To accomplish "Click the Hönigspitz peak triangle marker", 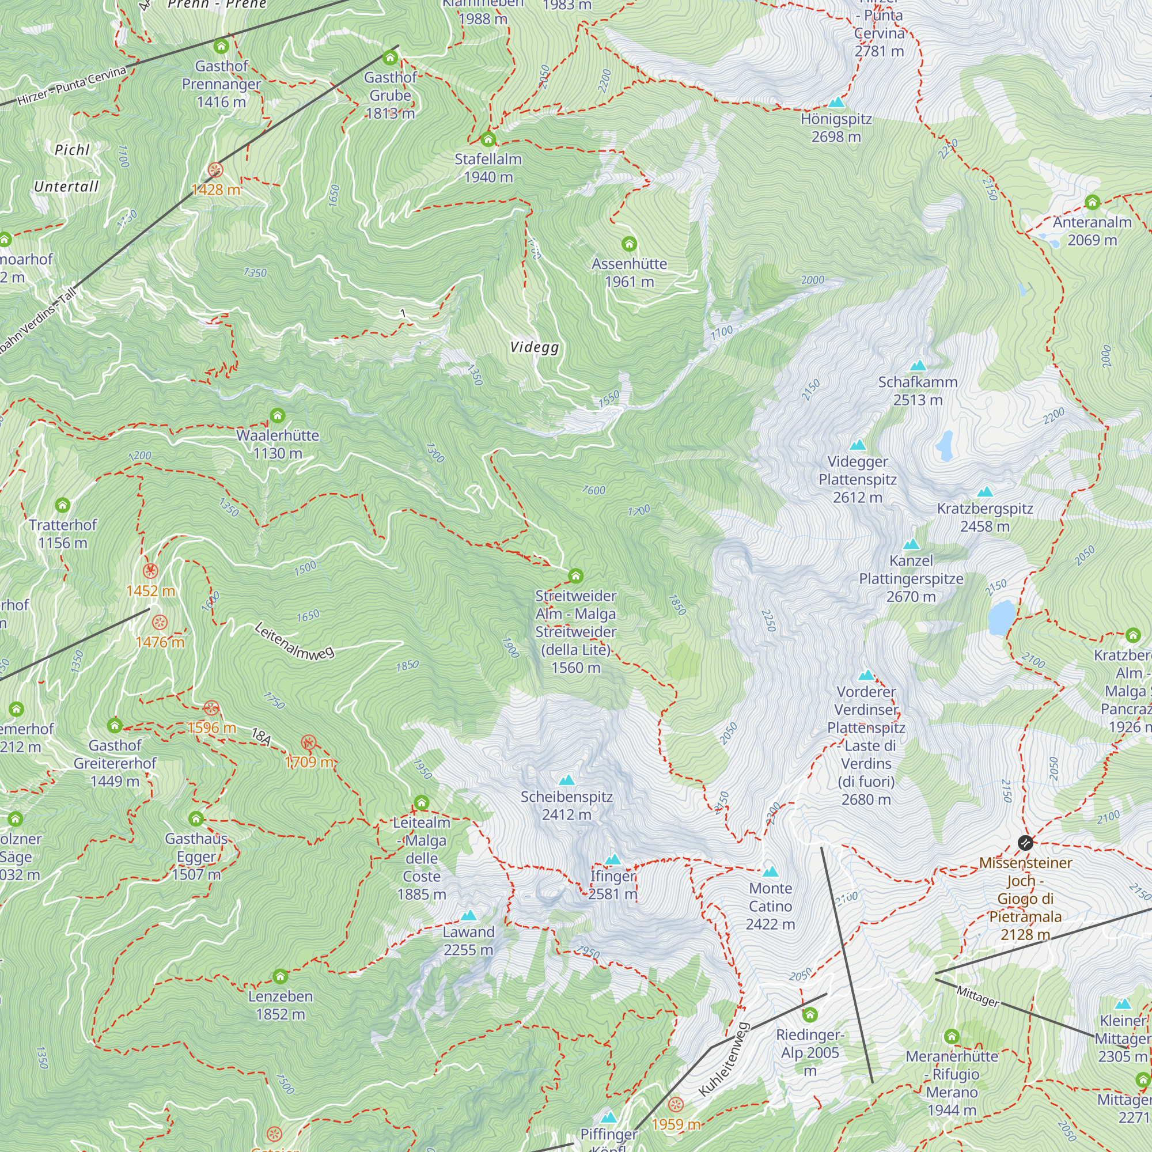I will (x=836, y=103).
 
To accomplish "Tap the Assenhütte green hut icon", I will (x=629, y=244).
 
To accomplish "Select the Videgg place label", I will (x=535, y=347).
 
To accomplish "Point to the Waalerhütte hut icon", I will (x=277, y=416).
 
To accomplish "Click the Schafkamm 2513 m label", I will (x=918, y=391).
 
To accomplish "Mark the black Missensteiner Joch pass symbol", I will (x=1025, y=843).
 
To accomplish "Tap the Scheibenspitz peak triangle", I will (x=566, y=780).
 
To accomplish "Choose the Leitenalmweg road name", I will (x=294, y=641).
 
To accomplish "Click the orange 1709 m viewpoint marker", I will (x=308, y=743).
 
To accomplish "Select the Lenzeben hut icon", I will (x=281, y=977).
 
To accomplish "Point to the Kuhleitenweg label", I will (x=723, y=1060).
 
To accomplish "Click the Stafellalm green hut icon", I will (x=488, y=139).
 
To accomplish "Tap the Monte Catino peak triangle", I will (x=770, y=871).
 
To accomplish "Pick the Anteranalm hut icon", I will (x=1092, y=203).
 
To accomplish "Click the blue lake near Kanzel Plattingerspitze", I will (x=1001, y=617).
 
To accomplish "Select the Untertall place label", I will (x=66, y=187).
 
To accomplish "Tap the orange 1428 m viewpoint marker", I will (x=215, y=170).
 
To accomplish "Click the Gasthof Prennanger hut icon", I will (x=221, y=46).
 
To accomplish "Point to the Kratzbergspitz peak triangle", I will (x=985, y=492).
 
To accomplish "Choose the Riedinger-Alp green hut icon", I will (x=810, y=1015).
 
